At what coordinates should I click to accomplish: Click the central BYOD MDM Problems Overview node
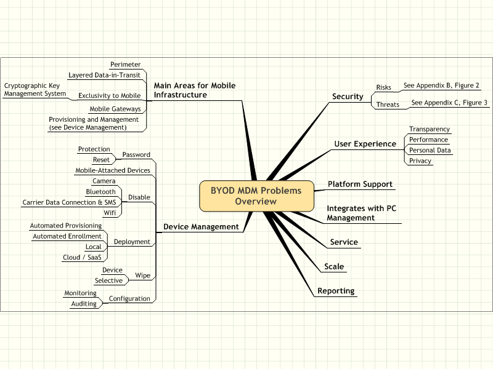pos(256,196)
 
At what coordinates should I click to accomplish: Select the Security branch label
pos(348,97)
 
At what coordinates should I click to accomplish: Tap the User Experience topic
pos(365,144)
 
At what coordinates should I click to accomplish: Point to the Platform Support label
pos(360,184)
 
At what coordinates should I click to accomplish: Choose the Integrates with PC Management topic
pos(361,213)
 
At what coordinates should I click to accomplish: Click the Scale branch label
pos(334,266)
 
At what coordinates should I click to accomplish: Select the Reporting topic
pos(336,291)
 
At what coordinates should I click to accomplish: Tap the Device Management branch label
pos(201,226)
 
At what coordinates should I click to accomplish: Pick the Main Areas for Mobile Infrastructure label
pos(194,90)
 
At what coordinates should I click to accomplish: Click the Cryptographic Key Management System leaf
pos(35,89)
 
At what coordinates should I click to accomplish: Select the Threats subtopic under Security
pos(388,105)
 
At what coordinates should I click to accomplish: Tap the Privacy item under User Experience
pos(420,161)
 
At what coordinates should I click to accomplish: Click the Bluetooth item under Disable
pos(101,192)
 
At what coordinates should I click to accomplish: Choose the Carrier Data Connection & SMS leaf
pos(69,202)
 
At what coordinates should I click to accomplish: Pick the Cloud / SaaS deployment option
pos(82,258)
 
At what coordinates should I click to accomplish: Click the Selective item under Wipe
pos(108,280)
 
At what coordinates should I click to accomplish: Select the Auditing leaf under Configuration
pos(84,304)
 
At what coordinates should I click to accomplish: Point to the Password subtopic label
pos(136,154)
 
